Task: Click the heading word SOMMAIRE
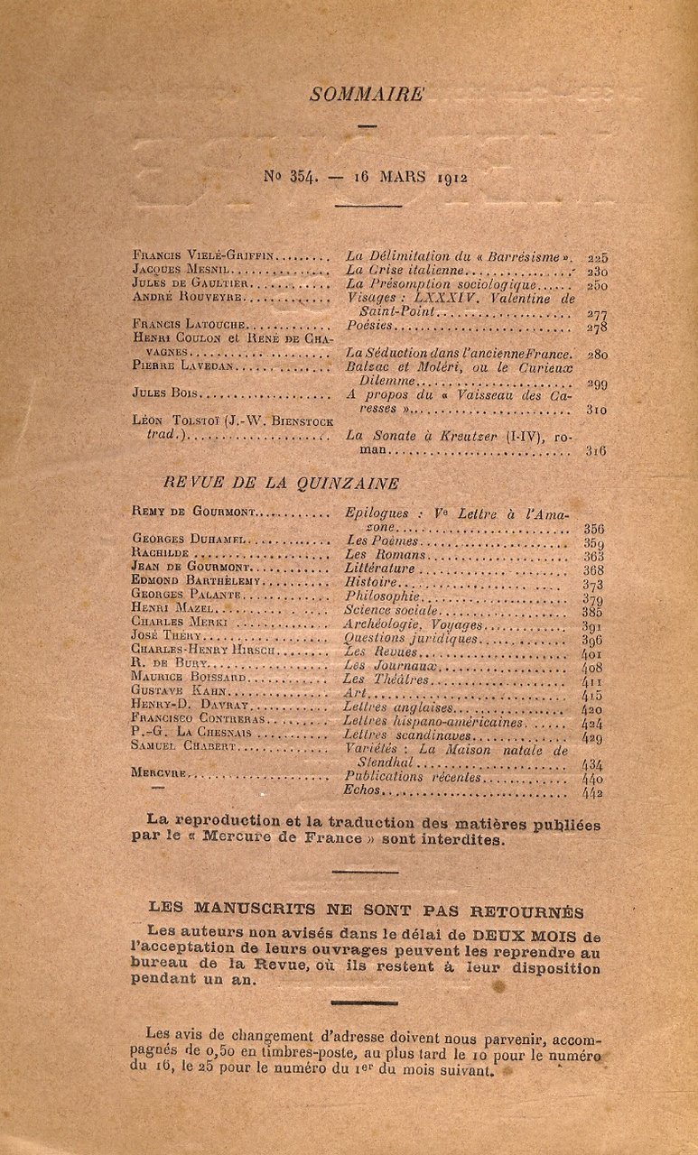366,94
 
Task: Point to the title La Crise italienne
405,270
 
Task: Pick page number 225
597,257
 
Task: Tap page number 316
596,450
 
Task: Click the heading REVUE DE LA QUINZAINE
281,483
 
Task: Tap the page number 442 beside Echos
592,792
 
